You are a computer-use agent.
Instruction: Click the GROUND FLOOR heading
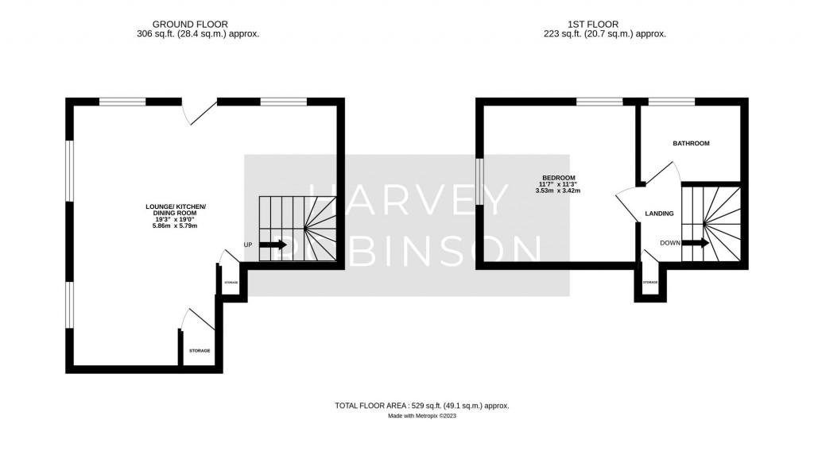pyautogui.click(x=198, y=25)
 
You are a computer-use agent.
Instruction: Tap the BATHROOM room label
pyautogui.click(x=691, y=144)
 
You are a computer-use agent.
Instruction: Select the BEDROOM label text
pyautogui.click(x=558, y=178)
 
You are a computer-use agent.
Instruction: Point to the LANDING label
pyautogui.click(x=659, y=214)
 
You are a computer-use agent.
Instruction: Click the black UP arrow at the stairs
pyautogui.click(x=273, y=245)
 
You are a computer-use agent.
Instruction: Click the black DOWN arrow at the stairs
pyautogui.click(x=696, y=244)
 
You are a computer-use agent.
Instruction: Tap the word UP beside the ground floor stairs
pyautogui.click(x=247, y=245)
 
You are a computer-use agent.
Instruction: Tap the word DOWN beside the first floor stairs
pyautogui.click(x=669, y=243)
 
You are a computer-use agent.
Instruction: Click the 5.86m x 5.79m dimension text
pyautogui.click(x=175, y=226)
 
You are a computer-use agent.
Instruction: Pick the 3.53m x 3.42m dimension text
pyautogui.click(x=558, y=191)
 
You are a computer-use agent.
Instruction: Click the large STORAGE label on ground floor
pyautogui.click(x=200, y=350)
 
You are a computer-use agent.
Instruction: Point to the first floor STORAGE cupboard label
pyautogui.click(x=649, y=283)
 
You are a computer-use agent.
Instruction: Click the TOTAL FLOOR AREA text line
pyautogui.click(x=422, y=406)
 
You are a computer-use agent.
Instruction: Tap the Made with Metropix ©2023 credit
pyautogui.click(x=422, y=415)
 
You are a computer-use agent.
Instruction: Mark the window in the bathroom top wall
pyautogui.click(x=672, y=102)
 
